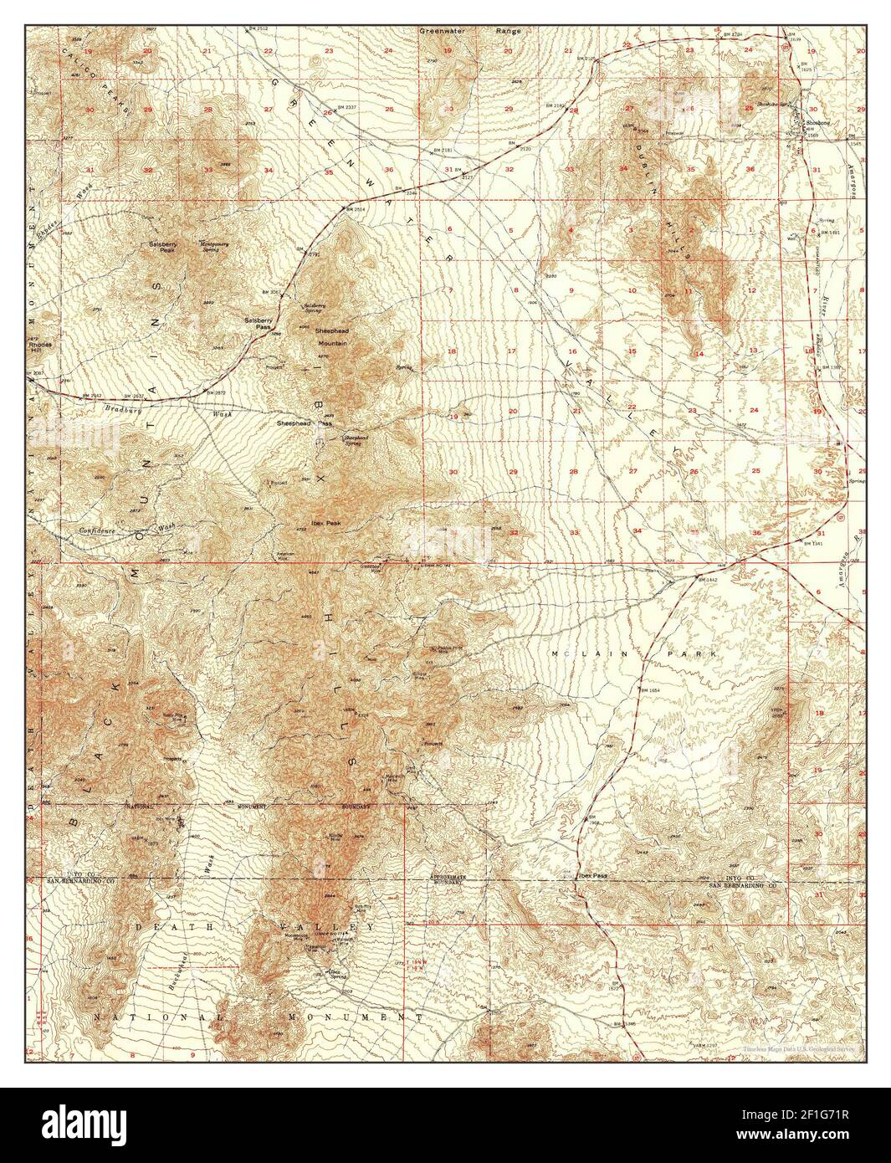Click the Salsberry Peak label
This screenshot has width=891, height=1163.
[162, 246]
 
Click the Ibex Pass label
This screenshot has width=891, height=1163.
[592, 876]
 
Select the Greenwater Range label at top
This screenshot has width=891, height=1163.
[469, 31]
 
